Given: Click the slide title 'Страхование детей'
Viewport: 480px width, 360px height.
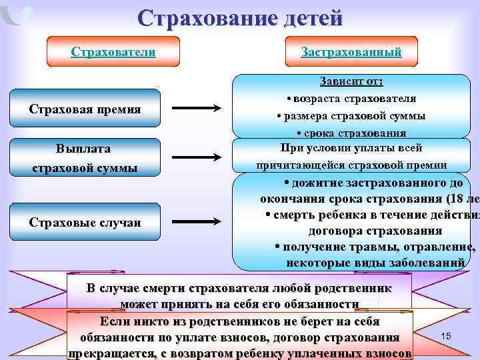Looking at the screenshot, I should [x=240, y=17].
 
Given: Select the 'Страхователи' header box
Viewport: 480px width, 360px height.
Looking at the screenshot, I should [x=113, y=52].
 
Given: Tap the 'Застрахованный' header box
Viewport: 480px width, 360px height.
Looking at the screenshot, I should [x=351, y=52].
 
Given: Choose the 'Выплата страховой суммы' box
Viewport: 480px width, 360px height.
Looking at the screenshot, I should [x=85, y=158].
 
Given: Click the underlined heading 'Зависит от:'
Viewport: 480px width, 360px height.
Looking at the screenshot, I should [x=351, y=82].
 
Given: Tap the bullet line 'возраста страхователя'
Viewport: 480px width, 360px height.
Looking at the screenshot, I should [x=351, y=99].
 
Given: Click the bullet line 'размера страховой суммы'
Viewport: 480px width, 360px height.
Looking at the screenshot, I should [x=351, y=115].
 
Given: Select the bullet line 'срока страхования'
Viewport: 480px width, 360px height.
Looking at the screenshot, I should [x=351, y=131].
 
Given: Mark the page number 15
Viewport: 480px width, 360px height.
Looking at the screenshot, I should [x=446, y=337].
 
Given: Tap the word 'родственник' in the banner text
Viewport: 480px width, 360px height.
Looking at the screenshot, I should [x=355, y=289].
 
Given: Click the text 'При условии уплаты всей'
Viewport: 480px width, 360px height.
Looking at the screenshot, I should [x=351, y=148].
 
